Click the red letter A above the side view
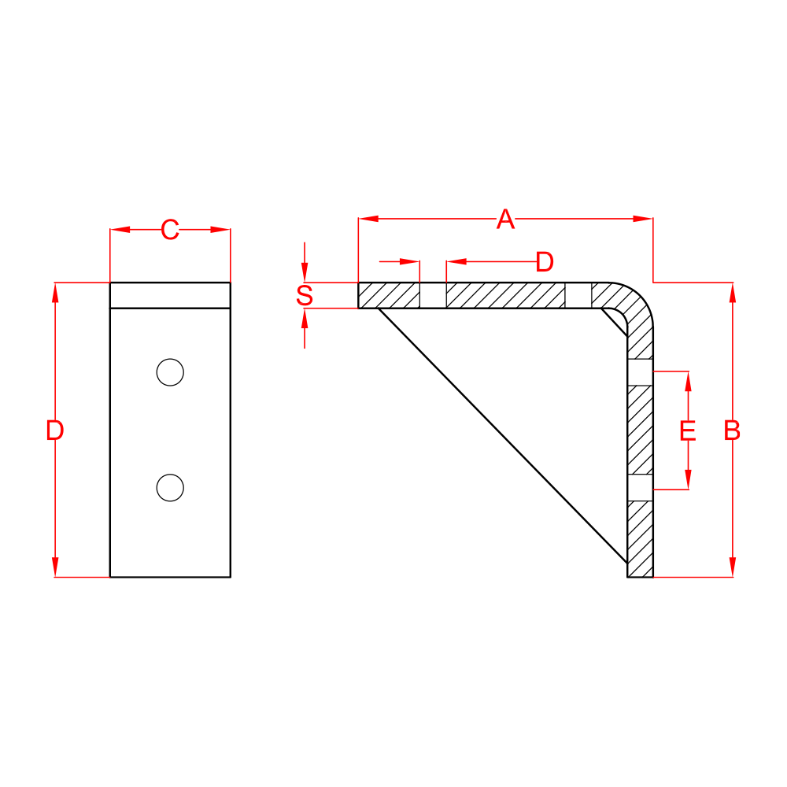tap(505, 220)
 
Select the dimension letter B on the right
tap(732, 430)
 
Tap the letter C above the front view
tap(169, 231)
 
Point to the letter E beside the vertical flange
tap(688, 430)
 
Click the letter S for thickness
tap(305, 296)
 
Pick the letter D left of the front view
tap(54, 430)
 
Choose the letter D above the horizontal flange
tap(545, 262)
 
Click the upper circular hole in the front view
tap(170, 372)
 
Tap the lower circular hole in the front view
tap(170, 488)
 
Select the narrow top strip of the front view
tap(170, 295)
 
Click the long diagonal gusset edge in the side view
tap(504, 435)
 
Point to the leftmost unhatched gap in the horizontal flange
tap(433, 295)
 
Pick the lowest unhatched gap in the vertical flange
tap(640, 488)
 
